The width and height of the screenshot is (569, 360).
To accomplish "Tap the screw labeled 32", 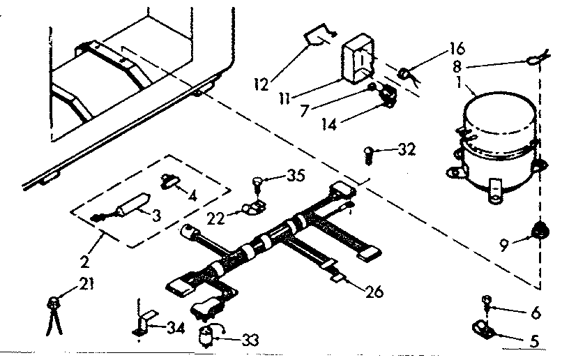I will coord(369,153).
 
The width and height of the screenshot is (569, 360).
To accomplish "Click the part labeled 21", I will coord(52,305).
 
